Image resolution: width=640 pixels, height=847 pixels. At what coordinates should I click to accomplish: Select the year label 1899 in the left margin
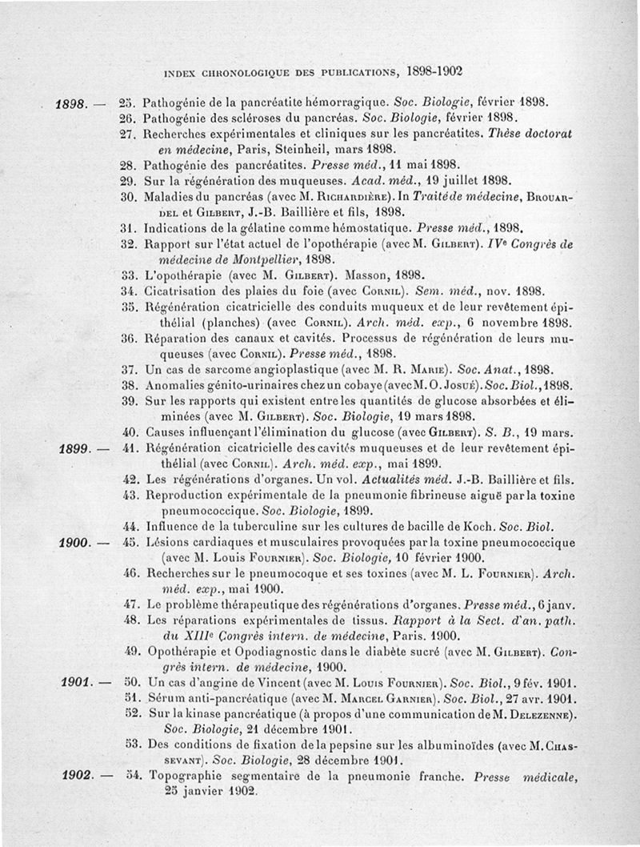pyautogui.click(x=75, y=448)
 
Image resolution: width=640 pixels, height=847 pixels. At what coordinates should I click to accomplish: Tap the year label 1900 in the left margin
pyautogui.click(x=77, y=543)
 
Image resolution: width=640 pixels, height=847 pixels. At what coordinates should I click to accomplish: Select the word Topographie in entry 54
pyautogui.click(x=187, y=776)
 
